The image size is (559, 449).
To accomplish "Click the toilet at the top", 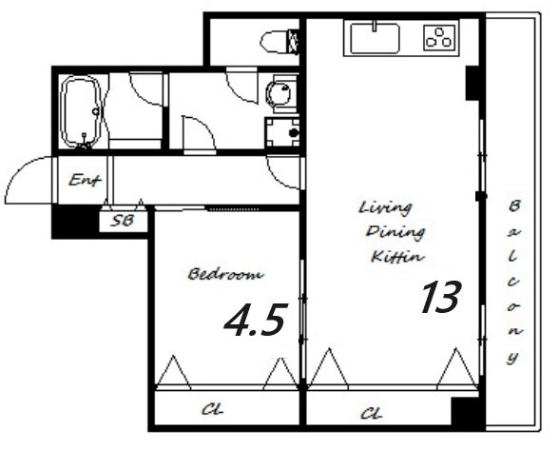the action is [279, 42].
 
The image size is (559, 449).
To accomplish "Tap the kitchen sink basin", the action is [375, 38].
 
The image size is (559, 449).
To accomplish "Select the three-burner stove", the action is [439, 37].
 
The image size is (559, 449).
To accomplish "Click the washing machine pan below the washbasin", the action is [282, 132].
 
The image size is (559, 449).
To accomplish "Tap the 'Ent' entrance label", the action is [85, 180].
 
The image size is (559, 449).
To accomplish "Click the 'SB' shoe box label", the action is [123, 221].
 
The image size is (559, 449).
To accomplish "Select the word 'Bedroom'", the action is [225, 274].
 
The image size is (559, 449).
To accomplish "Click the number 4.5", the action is [256, 320].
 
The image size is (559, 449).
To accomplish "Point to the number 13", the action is [441, 297].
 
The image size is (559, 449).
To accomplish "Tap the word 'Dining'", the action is [395, 233].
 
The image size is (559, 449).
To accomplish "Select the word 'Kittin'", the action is [397, 257].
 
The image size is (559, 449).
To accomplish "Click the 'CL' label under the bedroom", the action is [213, 409].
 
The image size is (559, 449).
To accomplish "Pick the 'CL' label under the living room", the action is [372, 414].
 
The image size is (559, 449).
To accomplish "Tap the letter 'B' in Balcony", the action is [513, 206].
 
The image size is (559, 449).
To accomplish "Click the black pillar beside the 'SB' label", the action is [76, 222].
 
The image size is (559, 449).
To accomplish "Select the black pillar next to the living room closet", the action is [468, 411].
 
